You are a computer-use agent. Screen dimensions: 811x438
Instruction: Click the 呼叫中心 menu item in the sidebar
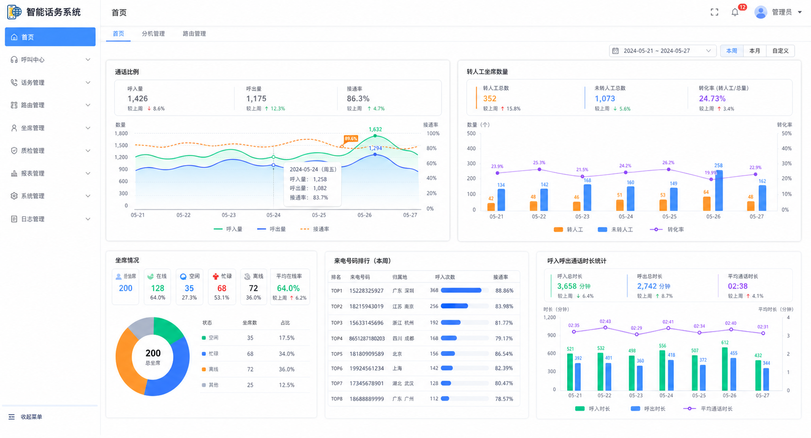click(33, 60)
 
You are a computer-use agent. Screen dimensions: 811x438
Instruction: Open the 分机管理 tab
click(153, 34)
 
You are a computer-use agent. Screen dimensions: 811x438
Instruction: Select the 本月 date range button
click(754, 51)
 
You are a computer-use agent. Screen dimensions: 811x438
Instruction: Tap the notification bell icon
click(735, 12)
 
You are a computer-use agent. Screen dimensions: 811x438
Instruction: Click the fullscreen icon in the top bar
click(714, 12)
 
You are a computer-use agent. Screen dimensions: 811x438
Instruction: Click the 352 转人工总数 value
click(490, 98)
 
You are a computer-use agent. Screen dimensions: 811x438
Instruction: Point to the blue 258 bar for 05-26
click(719, 190)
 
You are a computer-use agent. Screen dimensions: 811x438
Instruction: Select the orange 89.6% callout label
click(351, 139)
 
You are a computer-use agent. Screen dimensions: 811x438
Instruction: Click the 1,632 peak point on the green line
click(375, 136)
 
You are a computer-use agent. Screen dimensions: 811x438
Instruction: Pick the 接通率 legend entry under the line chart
click(315, 229)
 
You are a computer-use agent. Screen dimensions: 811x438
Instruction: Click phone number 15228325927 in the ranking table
click(367, 290)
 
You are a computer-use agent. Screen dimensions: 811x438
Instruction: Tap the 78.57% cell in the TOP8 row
click(504, 399)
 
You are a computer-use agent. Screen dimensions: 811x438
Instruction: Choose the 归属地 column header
click(400, 277)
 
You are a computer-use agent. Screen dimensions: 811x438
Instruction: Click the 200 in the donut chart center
click(153, 353)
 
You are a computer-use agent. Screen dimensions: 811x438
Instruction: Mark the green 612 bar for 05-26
click(725, 369)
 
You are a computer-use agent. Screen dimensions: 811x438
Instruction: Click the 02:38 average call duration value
click(738, 286)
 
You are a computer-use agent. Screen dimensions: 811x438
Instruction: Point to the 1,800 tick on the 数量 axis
click(121, 133)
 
